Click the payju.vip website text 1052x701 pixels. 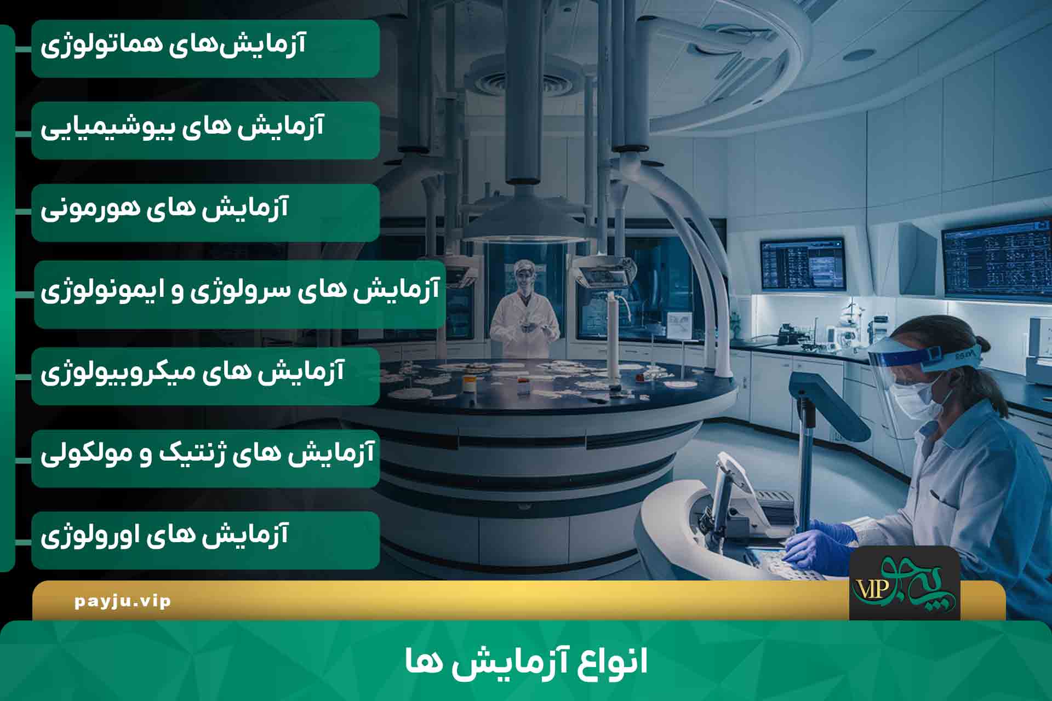click(x=123, y=601)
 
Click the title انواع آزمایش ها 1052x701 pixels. click(x=526, y=662)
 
